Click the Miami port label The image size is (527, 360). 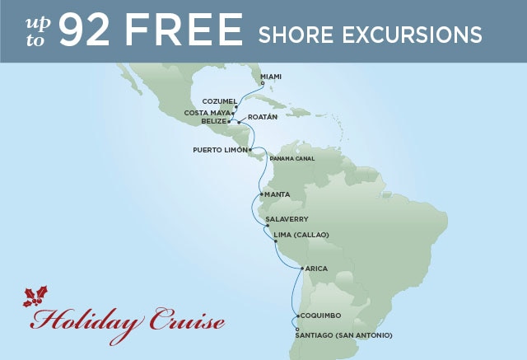pyautogui.click(x=273, y=77)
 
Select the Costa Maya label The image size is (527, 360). pyautogui.click(x=208, y=112)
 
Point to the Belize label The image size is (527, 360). pyautogui.click(x=212, y=120)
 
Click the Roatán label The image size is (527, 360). pyautogui.click(x=259, y=117)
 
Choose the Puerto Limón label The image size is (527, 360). pyautogui.click(x=219, y=150)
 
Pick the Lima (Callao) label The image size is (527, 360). pyautogui.click(x=301, y=235)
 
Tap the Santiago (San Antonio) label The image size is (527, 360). pyautogui.click(x=343, y=335)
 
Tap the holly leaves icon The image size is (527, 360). pyautogui.click(x=35, y=297)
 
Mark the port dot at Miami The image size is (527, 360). pyautogui.click(x=262, y=82)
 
